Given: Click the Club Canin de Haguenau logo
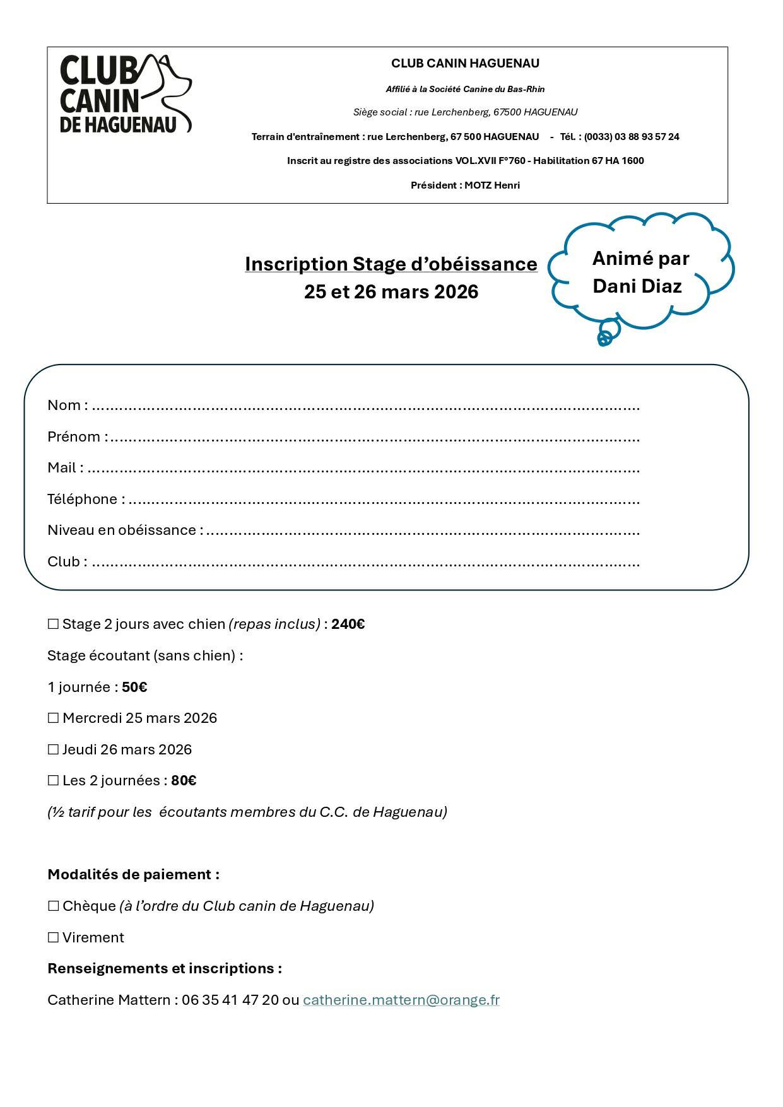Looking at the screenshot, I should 125,93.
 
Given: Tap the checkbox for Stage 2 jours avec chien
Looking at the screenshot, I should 53,624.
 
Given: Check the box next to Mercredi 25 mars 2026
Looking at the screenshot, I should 53,718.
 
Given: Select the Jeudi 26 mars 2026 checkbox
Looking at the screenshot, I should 53,750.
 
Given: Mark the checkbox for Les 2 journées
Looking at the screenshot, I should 53,781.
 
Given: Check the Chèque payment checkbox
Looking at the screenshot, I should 53,906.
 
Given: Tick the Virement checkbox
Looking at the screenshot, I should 53,938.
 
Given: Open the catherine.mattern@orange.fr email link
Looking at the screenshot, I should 401,1000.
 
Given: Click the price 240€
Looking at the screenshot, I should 348,624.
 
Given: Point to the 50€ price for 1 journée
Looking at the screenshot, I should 134,688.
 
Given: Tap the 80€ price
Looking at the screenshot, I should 184,781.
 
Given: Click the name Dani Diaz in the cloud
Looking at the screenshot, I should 637,286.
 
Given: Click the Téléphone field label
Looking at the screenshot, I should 83,500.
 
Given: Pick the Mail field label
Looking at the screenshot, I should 62,468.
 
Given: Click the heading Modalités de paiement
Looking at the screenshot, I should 133,875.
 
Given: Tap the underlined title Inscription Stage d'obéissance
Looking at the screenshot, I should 391,264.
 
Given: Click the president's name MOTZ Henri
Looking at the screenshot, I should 492,185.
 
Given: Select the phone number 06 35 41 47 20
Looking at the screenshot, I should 230,1000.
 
